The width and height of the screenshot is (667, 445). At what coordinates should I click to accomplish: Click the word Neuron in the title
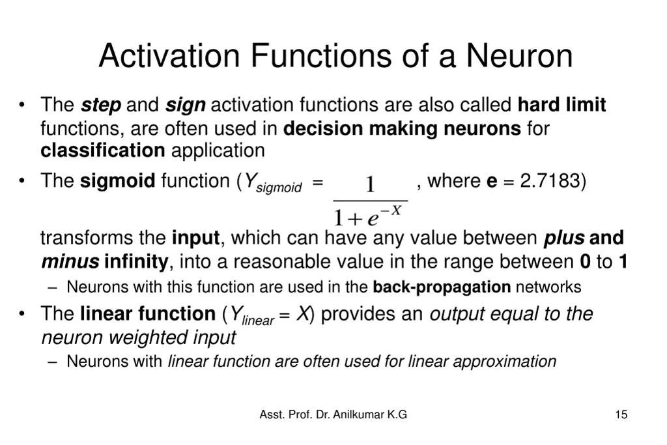[519, 56]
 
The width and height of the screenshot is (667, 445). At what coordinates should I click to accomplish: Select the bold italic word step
[101, 105]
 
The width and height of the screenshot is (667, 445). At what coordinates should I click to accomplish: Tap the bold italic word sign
[185, 105]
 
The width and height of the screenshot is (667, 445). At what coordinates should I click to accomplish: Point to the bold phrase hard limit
[561, 105]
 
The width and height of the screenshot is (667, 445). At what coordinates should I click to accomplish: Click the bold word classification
[102, 151]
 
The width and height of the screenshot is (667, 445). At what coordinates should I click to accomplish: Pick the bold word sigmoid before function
[117, 180]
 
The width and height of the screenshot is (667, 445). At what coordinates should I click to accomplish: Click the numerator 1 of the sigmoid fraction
[370, 186]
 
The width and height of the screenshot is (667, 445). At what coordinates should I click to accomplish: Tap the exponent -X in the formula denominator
[391, 210]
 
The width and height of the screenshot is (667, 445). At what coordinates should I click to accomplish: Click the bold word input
[196, 238]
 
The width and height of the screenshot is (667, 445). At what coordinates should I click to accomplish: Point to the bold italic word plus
[563, 238]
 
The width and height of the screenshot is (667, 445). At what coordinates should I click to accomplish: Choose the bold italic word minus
[70, 262]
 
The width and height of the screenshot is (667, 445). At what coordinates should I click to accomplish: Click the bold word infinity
[135, 262]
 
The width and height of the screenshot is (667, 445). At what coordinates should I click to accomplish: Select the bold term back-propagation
[442, 287]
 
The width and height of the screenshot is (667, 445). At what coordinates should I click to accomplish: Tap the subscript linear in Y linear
[257, 321]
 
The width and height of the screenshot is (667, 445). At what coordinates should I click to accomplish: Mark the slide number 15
[621, 414]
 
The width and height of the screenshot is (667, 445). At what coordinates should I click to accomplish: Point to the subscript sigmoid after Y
[279, 188]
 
